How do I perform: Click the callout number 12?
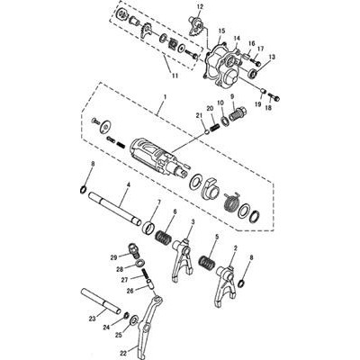coord(200,6)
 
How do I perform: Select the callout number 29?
coord(113,256)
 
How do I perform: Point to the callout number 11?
coord(175,76)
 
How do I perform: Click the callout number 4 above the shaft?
coord(128,185)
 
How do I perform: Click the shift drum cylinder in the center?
coord(158,157)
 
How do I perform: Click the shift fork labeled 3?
coord(183,258)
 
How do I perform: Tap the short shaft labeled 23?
coord(101,301)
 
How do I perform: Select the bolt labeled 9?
coord(238,113)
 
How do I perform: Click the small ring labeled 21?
coord(206,131)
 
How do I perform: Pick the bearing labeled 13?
coord(254,73)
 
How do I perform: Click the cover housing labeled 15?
coord(222,61)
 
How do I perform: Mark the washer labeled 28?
coord(139,263)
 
